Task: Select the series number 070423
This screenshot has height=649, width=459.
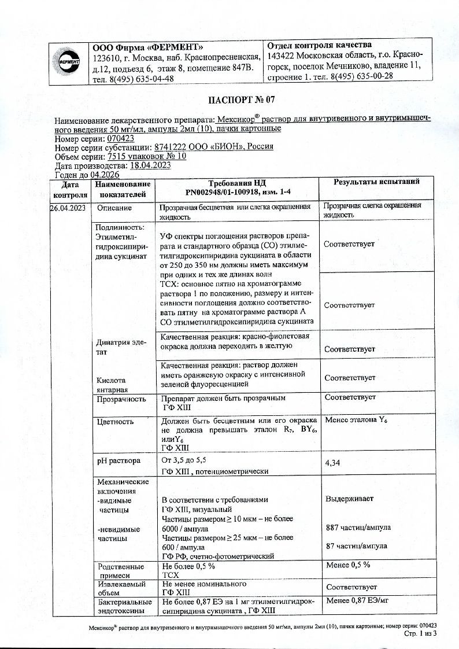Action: [121, 139]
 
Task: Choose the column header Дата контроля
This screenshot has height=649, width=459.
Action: [69, 189]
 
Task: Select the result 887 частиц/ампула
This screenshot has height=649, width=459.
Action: [358, 528]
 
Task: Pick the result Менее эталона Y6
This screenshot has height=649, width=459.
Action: [356, 421]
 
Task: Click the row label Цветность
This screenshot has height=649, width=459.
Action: [115, 422]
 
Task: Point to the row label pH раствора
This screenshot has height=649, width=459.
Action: [119, 461]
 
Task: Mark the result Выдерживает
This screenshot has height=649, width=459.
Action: [349, 499]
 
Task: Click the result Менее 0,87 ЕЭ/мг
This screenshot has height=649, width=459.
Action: [357, 601]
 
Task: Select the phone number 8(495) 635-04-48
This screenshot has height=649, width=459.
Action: [141, 79]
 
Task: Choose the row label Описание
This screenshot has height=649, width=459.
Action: [114, 208]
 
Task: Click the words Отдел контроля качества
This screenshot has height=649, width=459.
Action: [320, 45]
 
